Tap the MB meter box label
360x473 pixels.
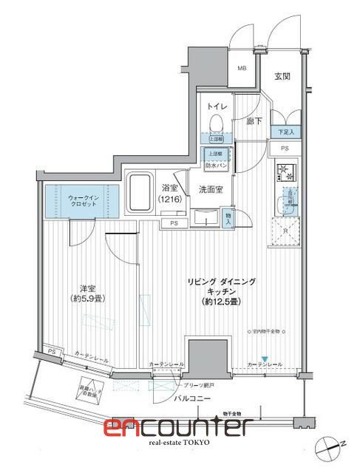[241, 69]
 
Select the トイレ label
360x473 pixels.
[218, 106]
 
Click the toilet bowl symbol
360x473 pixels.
[217, 123]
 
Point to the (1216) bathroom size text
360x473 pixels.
[169, 200]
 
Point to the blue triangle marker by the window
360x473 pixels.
[264, 359]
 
